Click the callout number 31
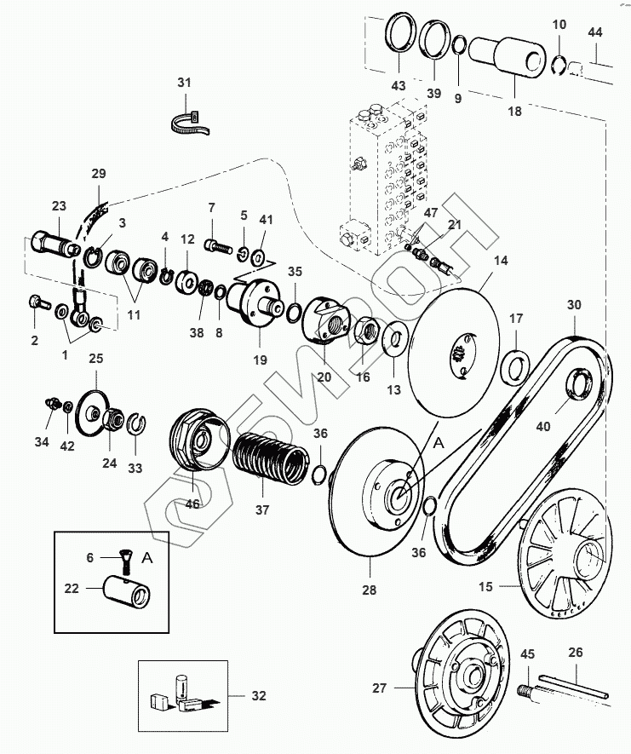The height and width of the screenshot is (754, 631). click(x=184, y=83)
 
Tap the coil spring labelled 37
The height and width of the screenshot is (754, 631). click(x=270, y=458)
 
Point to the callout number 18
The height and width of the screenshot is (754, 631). click(x=514, y=112)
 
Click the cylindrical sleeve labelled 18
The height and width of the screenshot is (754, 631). click(x=507, y=58)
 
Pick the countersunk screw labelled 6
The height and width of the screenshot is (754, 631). click(x=124, y=562)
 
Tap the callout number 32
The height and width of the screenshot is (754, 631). click(x=259, y=696)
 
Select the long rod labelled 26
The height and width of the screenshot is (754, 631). click(x=573, y=686)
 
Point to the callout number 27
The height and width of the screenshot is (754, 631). click(x=379, y=688)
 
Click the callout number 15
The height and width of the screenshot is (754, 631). click(x=485, y=587)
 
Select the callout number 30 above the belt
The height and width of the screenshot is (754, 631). click(x=574, y=305)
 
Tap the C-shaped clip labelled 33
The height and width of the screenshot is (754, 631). click(x=137, y=423)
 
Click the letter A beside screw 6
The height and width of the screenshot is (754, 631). click(x=147, y=558)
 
